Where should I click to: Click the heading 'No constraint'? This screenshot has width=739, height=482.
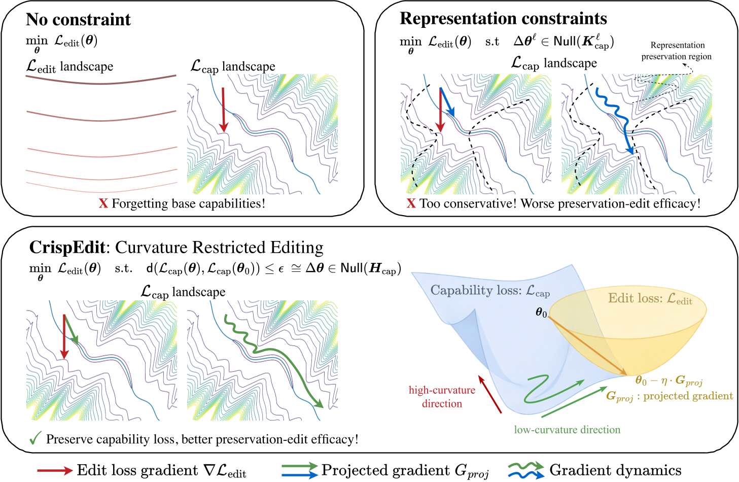[x=78, y=20]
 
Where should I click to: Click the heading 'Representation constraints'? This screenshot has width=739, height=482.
[x=503, y=19]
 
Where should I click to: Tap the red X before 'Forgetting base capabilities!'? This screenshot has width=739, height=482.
[x=103, y=203]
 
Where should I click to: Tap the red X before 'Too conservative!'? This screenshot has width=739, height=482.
[x=411, y=203]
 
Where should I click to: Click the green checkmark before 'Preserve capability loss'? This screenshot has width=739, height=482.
[x=35, y=438]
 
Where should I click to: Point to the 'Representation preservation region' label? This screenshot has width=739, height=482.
[x=677, y=51]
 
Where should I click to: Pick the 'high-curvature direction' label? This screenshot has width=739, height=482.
[x=442, y=397]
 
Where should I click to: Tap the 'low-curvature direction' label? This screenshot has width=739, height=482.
[x=567, y=430]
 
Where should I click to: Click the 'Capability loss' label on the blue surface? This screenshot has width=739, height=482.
[x=489, y=291]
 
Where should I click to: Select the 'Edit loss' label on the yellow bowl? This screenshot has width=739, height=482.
[x=650, y=298]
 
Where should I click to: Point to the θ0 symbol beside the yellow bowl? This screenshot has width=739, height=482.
[x=541, y=313]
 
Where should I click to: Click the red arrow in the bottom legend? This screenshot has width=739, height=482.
[x=55, y=471]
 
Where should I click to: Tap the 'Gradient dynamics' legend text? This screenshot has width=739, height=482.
[x=615, y=470]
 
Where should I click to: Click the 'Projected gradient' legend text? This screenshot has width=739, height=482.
[x=405, y=470]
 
